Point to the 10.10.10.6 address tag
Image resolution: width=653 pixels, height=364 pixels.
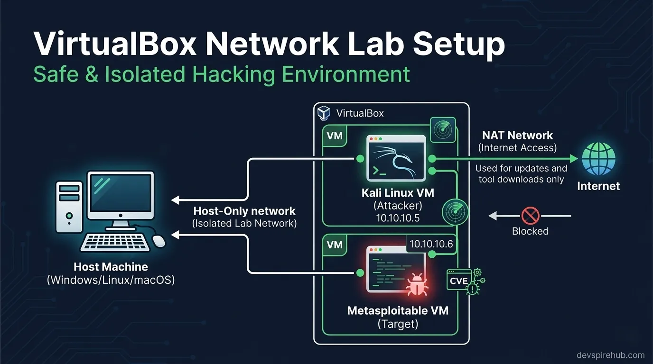click(431, 244)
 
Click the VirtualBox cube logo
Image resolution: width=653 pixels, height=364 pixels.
click(324, 113)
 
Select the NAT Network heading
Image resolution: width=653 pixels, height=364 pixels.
click(517, 136)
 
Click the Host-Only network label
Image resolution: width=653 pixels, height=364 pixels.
click(244, 211)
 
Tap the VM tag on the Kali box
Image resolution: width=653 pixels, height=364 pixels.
click(335, 136)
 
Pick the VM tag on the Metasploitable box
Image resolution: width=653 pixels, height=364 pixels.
click(335, 245)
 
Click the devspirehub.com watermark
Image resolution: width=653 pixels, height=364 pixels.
click(610, 355)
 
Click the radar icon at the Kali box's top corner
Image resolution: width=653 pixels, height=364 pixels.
click(442, 130)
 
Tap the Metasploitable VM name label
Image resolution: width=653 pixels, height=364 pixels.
click(398, 311)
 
